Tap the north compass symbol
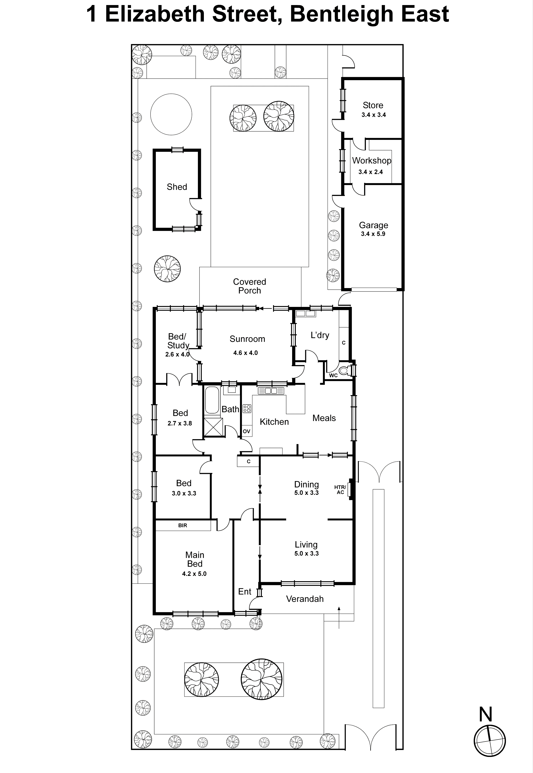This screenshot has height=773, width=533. coord(490,740)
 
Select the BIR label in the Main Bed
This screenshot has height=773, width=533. coord(183,525)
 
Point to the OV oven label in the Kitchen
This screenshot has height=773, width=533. coord(246,431)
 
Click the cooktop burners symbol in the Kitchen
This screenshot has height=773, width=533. coord(247,408)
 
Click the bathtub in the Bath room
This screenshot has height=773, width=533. coord(212,400)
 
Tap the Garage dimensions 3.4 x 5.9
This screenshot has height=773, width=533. coord(373,234)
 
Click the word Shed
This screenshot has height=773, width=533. coord(177,187)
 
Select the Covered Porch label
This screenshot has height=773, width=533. coord(249,286)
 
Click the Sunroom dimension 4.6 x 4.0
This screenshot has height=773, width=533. coord(245,353)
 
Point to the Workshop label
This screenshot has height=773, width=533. coord(371,161)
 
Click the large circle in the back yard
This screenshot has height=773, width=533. coord(171,114)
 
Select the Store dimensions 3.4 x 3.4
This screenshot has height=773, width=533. coord(373,115)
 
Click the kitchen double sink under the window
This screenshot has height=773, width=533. coord(271,391)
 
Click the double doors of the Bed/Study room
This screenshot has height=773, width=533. coord(179,379)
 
